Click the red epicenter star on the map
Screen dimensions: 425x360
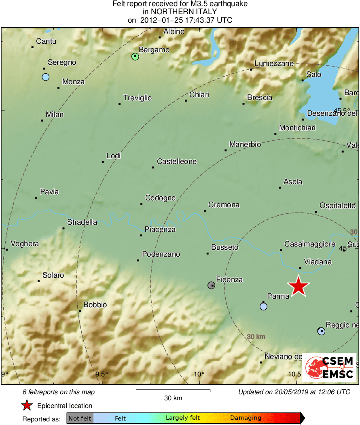(299, 286)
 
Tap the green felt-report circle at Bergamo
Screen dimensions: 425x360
(135, 57)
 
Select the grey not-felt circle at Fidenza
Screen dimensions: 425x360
(211, 285)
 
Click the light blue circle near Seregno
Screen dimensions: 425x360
(45, 77)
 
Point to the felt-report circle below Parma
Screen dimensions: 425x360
(263, 307)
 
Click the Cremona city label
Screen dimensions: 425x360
(224, 205)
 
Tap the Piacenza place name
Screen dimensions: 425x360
(160, 229)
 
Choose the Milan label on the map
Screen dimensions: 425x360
(55, 115)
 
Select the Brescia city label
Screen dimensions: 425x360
(260, 98)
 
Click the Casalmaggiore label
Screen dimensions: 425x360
(310, 244)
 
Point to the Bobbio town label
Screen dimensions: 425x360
(95, 305)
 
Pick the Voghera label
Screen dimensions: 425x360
(25, 244)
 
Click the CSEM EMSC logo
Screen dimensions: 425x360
(329, 368)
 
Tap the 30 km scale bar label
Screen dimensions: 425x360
(173, 398)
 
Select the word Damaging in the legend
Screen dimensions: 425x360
(246, 418)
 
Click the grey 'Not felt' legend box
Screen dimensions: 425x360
(80, 418)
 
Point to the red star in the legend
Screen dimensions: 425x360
(27, 406)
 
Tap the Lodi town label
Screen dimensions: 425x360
(113, 156)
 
